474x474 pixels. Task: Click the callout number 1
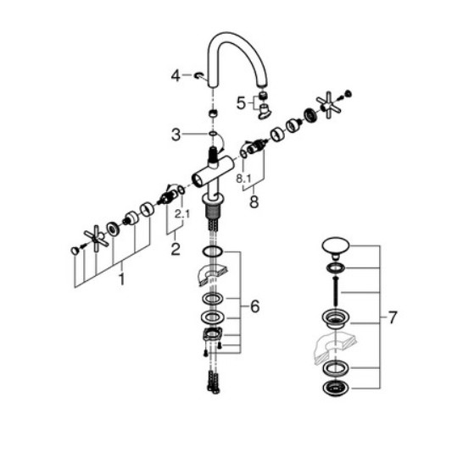(x=121, y=279)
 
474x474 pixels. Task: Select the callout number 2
(x=176, y=249)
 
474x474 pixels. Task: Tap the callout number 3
(x=176, y=135)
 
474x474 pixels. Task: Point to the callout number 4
(x=176, y=75)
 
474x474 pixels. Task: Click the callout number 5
(x=241, y=103)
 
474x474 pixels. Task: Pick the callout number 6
(x=254, y=306)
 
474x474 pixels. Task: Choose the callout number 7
(x=393, y=317)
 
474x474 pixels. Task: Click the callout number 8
(x=254, y=201)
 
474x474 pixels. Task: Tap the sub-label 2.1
(x=182, y=214)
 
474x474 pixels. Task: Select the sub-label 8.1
(x=243, y=179)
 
